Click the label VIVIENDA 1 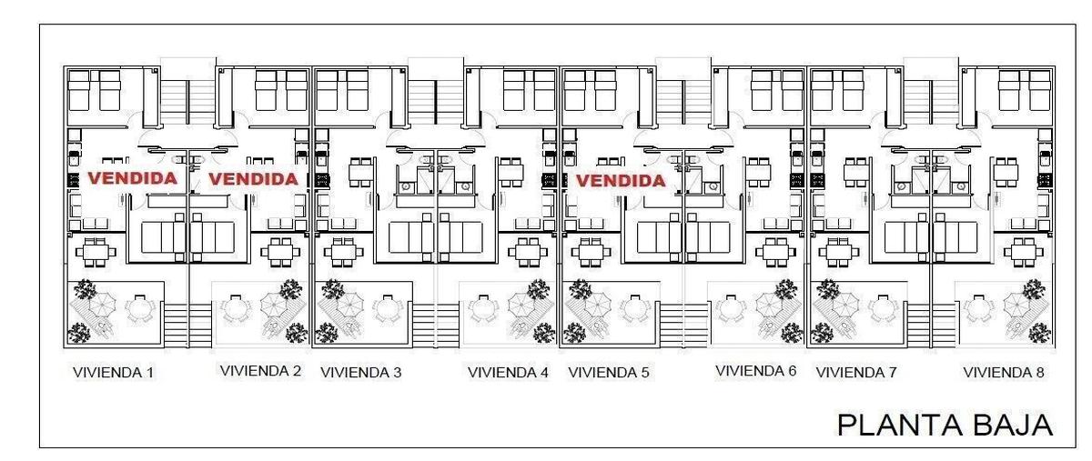tap(113, 373)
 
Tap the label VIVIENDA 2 tap(260, 371)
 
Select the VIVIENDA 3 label tap(360, 373)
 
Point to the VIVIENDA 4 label tap(508, 373)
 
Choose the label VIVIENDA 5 tap(609, 373)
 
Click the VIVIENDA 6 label tap(755, 371)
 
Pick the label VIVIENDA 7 tap(856, 373)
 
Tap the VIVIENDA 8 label tap(1004, 373)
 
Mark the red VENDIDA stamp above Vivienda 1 tap(132, 178)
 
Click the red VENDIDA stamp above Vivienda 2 tap(254, 179)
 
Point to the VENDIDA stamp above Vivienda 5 tap(621, 181)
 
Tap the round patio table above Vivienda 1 tap(139, 308)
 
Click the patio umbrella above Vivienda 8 tap(1016, 305)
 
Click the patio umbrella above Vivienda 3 tap(350, 305)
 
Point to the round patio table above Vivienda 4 tap(482, 308)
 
